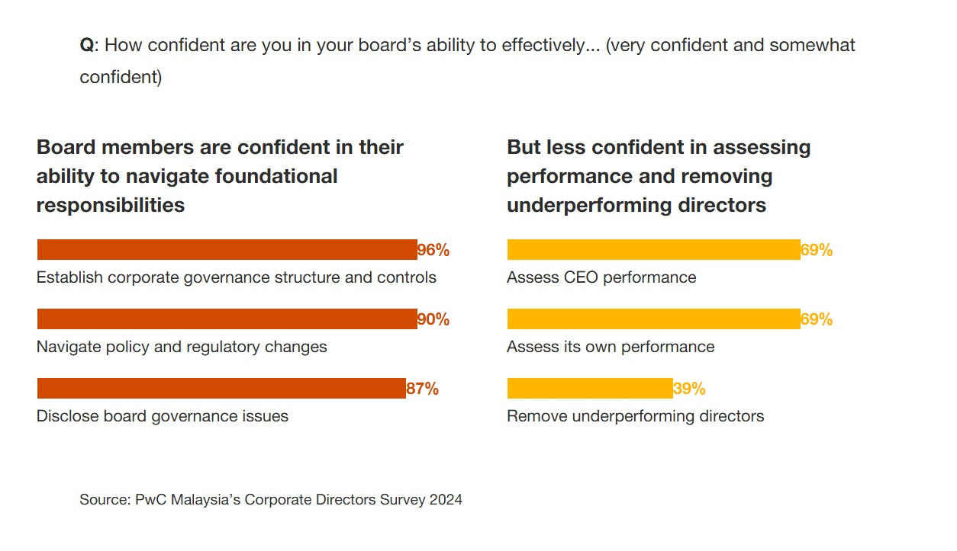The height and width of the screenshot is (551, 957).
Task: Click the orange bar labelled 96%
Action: pos(227,250)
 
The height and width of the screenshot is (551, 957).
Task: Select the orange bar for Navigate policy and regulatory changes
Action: pos(227,319)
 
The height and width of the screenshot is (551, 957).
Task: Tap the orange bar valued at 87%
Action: pos(221,389)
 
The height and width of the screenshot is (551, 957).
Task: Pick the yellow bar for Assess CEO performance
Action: pos(653,250)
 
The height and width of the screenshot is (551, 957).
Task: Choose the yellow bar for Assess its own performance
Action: pos(653,319)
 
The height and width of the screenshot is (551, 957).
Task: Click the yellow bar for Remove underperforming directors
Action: pos(590,389)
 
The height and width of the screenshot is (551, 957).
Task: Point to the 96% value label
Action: pos(433,250)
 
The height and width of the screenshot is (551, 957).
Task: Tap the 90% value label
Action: pos(433,319)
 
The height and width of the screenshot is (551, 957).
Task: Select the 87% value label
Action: pos(422,389)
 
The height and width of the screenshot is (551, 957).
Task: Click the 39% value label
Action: pos(689,389)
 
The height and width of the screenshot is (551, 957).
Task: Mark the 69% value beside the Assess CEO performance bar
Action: pos(817,250)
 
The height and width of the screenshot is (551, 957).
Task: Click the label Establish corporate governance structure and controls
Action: pos(237,277)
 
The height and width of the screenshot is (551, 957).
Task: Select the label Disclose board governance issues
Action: pos(163,416)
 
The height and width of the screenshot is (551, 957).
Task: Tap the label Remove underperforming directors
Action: pos(635,416)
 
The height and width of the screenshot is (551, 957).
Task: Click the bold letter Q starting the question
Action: pos(86,45)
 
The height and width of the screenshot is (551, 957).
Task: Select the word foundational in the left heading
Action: pos(275,176)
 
